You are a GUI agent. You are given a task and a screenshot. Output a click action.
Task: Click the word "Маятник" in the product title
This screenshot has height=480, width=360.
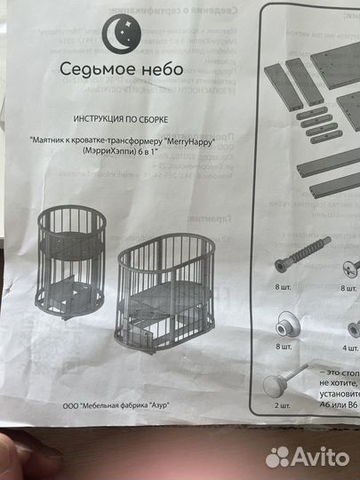(x=51, y=140)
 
